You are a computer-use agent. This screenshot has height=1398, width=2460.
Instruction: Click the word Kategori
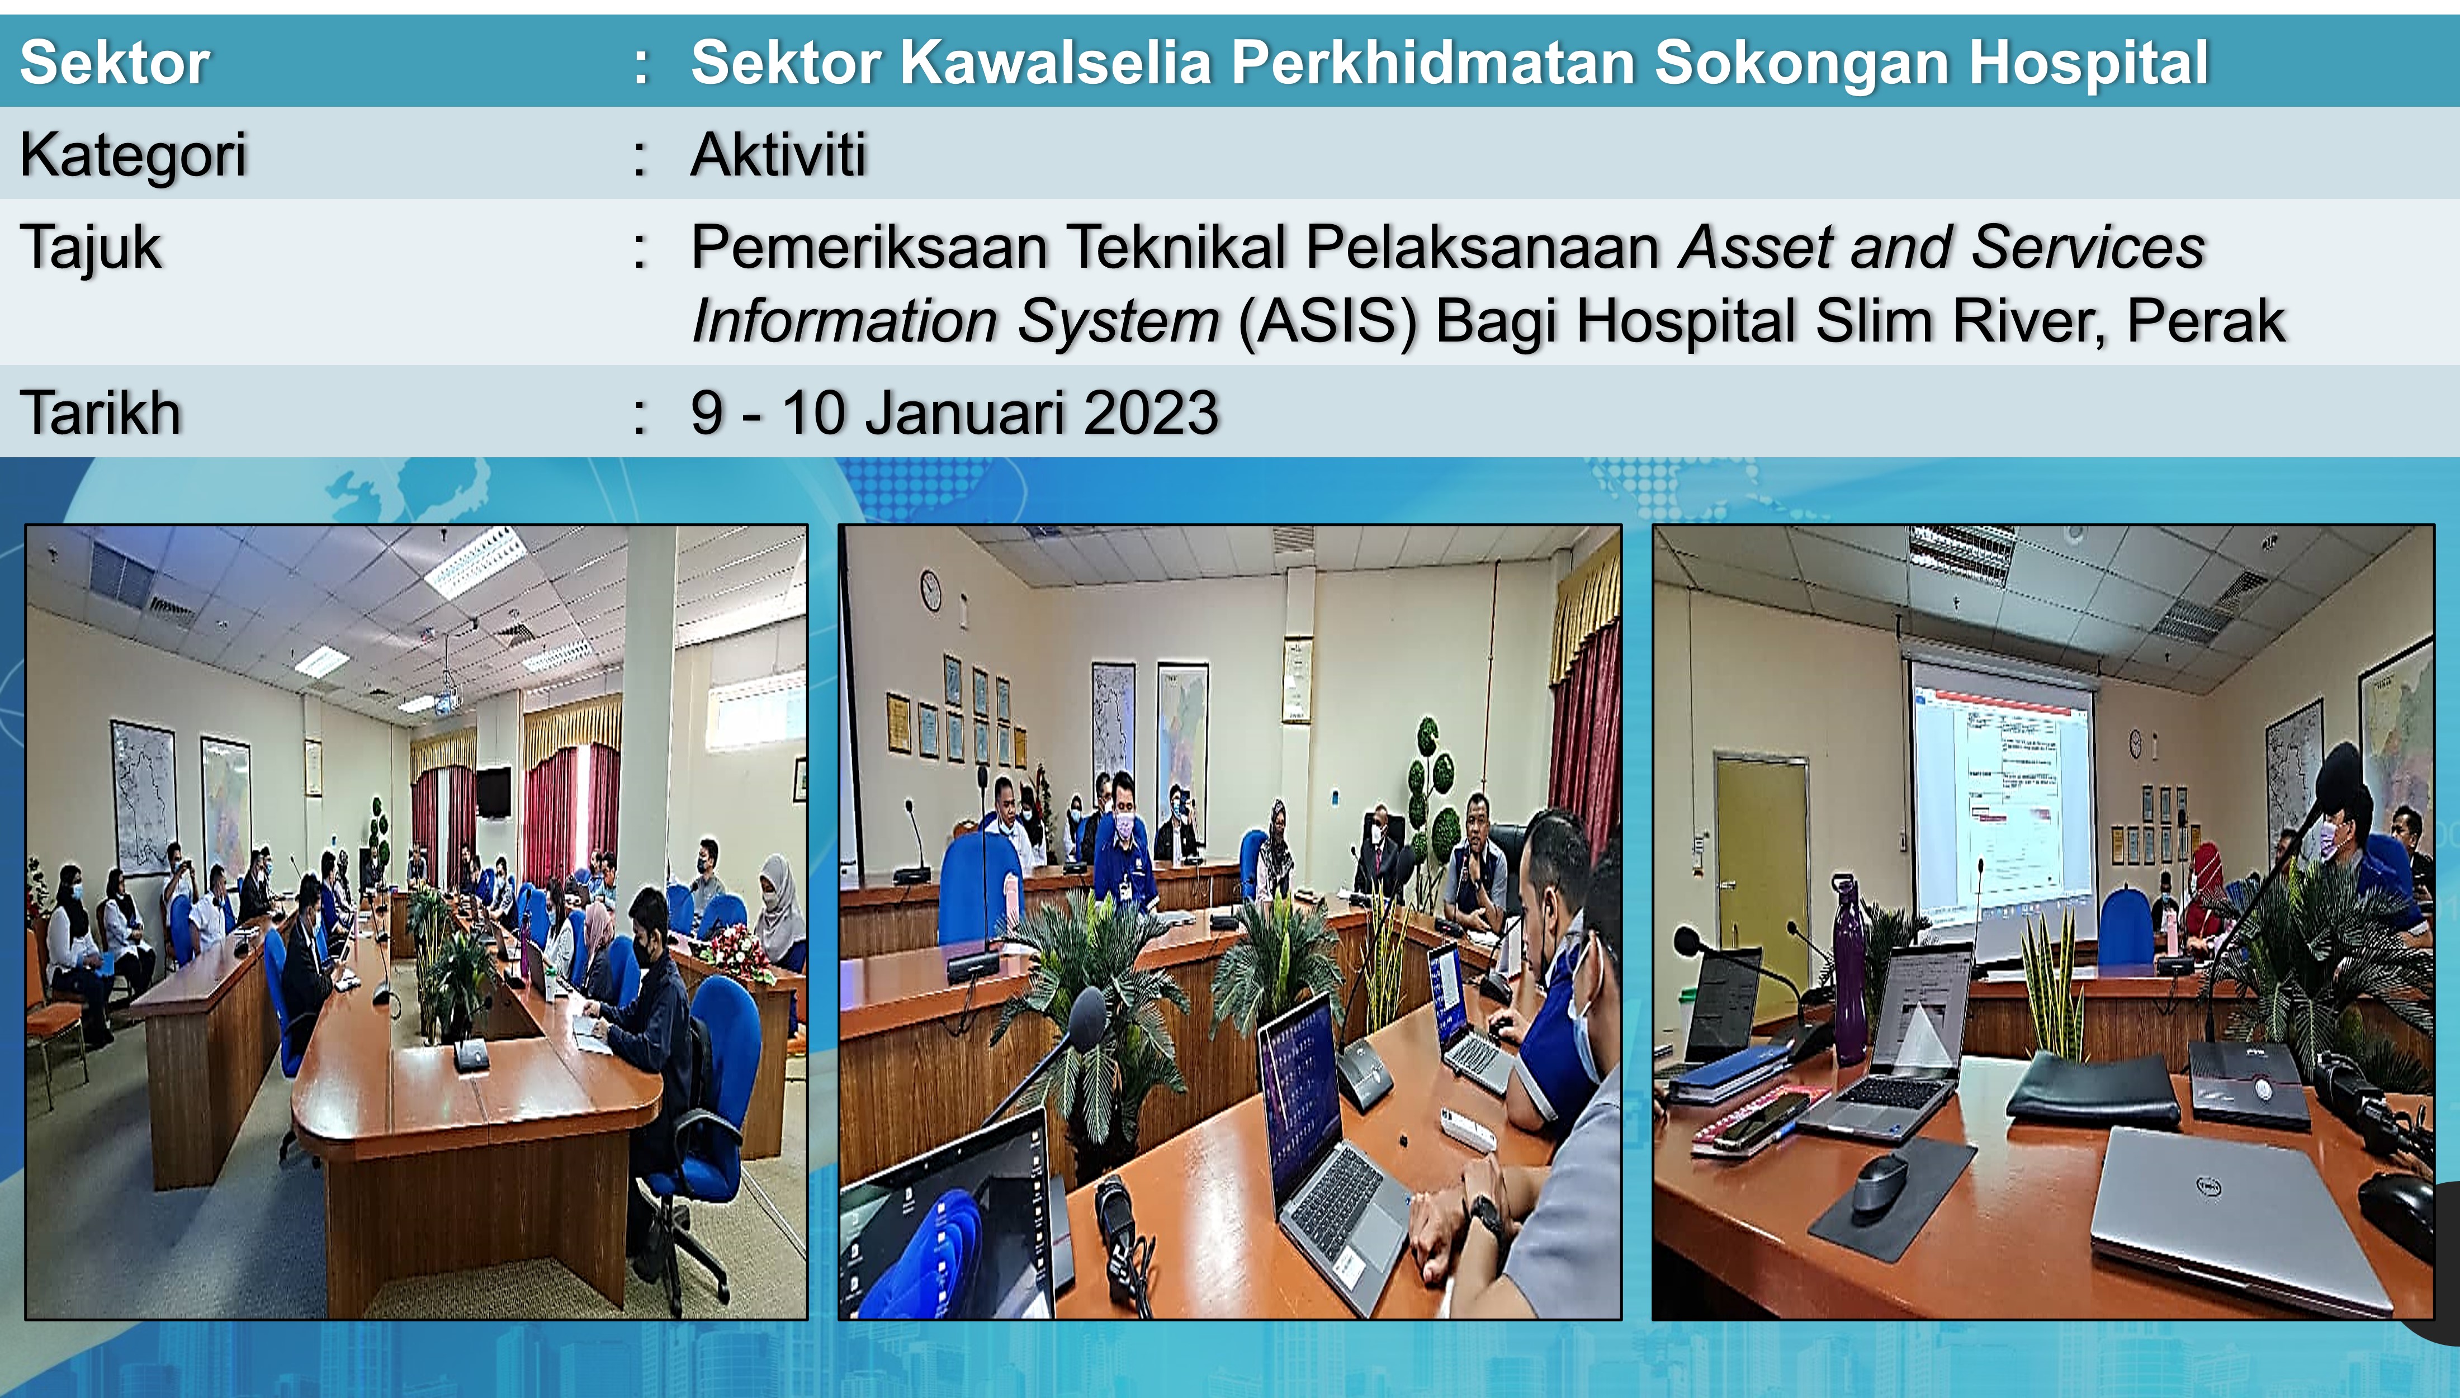point(134,155)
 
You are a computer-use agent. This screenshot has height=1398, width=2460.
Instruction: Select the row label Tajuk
point(91,248)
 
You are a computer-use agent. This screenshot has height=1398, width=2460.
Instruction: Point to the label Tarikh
point(101,413)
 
